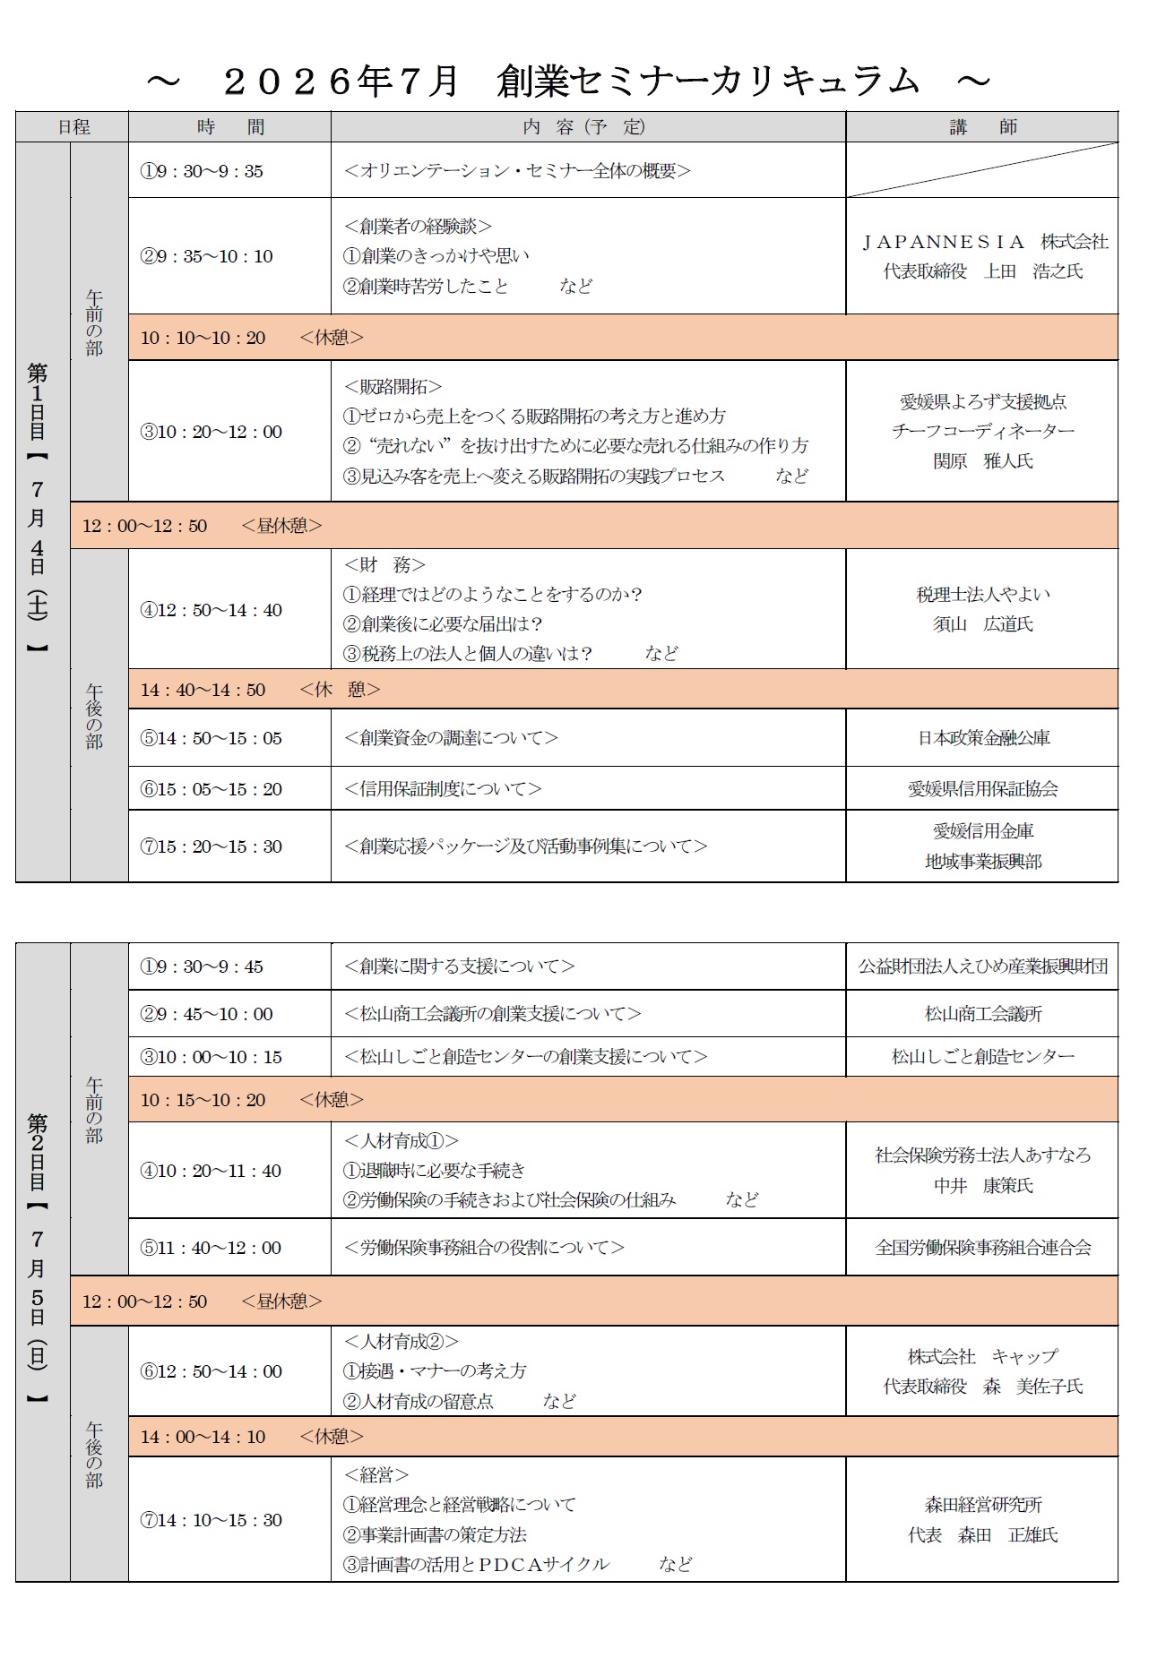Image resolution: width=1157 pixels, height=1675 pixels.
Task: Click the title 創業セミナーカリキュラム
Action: [708, 82]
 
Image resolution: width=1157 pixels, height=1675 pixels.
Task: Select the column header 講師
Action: [982, 127]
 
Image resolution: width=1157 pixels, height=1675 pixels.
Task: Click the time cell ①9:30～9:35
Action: [202, 171]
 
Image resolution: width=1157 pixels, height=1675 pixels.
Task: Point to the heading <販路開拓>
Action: [393, 387]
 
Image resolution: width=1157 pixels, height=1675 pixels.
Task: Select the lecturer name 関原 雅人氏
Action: [982, 461]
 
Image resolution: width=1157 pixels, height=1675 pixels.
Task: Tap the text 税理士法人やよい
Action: [982, 594]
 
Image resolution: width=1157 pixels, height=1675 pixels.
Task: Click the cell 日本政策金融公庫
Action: [982, 738]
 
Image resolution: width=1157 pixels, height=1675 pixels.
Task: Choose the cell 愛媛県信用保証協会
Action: [982, 789]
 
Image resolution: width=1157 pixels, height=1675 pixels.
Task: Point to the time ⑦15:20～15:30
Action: [211, 846]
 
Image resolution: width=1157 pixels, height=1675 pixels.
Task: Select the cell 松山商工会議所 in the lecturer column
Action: [982, 1014]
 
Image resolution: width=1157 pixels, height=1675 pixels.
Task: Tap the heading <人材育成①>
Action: [401, 1141]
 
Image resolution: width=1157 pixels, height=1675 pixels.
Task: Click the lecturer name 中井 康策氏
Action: [982, 1186]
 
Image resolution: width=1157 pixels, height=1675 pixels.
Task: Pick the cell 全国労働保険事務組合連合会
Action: [982, 1248]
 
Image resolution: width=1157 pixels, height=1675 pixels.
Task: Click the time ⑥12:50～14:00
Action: [211, 1371]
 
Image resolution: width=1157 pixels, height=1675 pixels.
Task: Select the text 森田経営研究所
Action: [982, 1505]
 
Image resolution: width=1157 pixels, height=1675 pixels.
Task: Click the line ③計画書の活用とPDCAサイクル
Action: [476, 1564]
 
